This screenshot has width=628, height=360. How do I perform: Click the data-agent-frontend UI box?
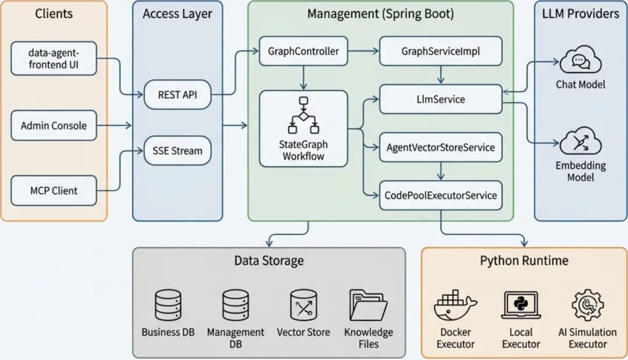[x=53, y=59]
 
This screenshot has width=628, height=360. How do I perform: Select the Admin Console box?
[x=53, y=126]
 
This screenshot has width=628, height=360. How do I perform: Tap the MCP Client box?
[x=53, y=190]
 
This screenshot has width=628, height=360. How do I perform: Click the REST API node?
[x=177, y=94]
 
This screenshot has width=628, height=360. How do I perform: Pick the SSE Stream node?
[x=177, y=151]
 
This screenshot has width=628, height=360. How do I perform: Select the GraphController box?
[x=304, y=51]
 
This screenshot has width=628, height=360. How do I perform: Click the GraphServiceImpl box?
[x=440, y=51]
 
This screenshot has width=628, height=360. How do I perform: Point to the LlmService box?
[x=440, y=99]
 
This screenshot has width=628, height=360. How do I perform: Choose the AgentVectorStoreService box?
[x=440, y=147]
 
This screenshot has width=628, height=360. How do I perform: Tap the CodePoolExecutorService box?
[x=440, y=195]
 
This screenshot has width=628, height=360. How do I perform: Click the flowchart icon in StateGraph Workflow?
[x=303, y=116]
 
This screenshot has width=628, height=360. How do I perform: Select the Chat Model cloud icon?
[x=580, y=62]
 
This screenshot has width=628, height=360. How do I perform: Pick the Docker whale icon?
[x=455, y=305]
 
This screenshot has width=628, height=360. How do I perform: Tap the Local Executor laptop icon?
[x=520, y=305]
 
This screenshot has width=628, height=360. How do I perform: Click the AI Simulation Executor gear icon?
[x=587, y=305]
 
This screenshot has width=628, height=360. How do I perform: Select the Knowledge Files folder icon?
[x=368, y=305]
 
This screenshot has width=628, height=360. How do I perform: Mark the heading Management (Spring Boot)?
[x=380, y=13]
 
